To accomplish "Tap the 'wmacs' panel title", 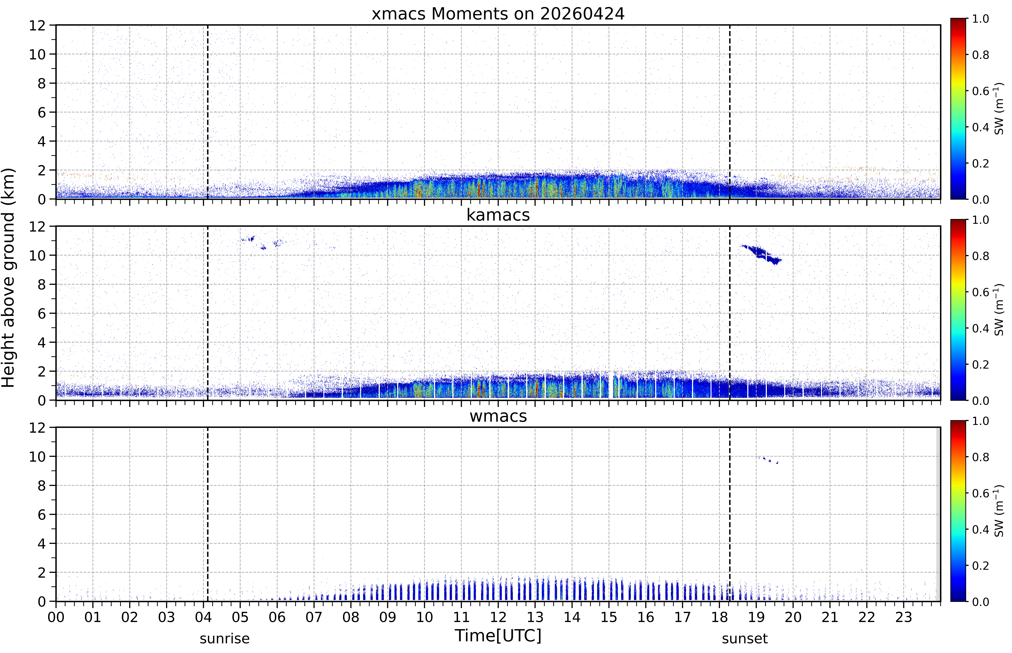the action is coord(498,416).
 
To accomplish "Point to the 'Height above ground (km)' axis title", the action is coord(8,278).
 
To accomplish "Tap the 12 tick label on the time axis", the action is coord(498,617).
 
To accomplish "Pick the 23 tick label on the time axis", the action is coord(904,617).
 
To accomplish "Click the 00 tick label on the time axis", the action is coord(56,617).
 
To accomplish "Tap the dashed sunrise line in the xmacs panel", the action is coord(208,112).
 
